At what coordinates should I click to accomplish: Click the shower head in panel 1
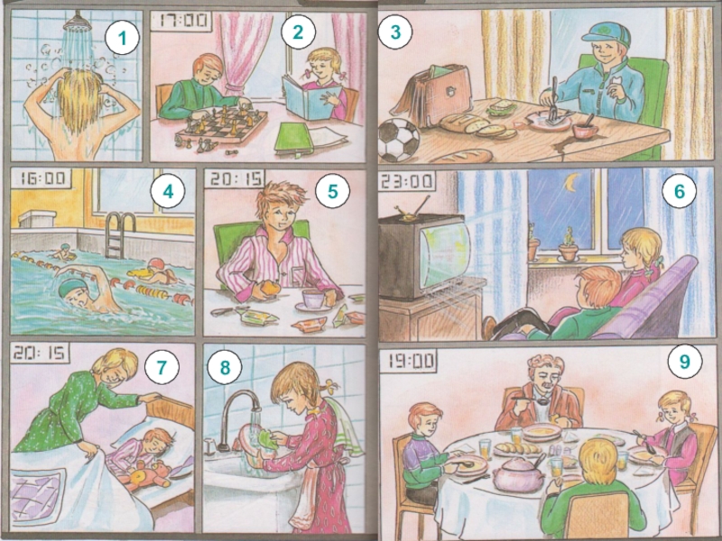tap(77, 22)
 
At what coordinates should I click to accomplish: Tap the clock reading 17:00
tap(181, 21)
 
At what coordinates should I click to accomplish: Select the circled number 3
tap(395, 32)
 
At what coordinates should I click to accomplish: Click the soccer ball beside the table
tap(399, 140)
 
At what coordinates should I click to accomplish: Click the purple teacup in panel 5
tap(312, 299)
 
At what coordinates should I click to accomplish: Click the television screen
tap(444, 254)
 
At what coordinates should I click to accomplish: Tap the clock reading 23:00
tap(407, 181)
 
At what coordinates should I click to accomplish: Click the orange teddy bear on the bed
tap(148, 474)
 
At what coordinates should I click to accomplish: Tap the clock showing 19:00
tap(409, 361)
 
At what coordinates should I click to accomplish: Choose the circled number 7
tap(162, 366)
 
